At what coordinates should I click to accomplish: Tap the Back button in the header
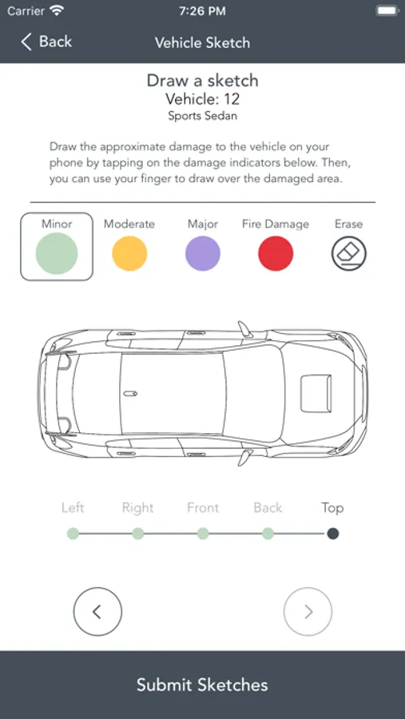46,42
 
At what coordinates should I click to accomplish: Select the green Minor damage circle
57,253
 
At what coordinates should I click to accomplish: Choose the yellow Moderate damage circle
129,253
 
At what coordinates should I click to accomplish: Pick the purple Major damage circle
203,253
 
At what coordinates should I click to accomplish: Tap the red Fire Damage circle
276,253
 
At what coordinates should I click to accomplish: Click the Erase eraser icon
349,253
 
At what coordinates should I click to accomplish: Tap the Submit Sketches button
202,685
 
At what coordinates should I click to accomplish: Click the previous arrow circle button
97,612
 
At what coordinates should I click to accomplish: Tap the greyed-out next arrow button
308,612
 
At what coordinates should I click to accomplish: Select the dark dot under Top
333,534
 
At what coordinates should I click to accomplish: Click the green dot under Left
73,534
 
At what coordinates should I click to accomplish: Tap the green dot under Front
203,534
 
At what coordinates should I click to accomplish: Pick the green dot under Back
268,534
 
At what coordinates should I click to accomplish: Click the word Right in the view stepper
137,508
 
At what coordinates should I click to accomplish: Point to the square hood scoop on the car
316,393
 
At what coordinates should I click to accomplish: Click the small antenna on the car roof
131,393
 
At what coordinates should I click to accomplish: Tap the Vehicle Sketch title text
202,42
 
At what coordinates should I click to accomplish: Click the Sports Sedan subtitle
203,116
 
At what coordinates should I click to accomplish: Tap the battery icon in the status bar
387,11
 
